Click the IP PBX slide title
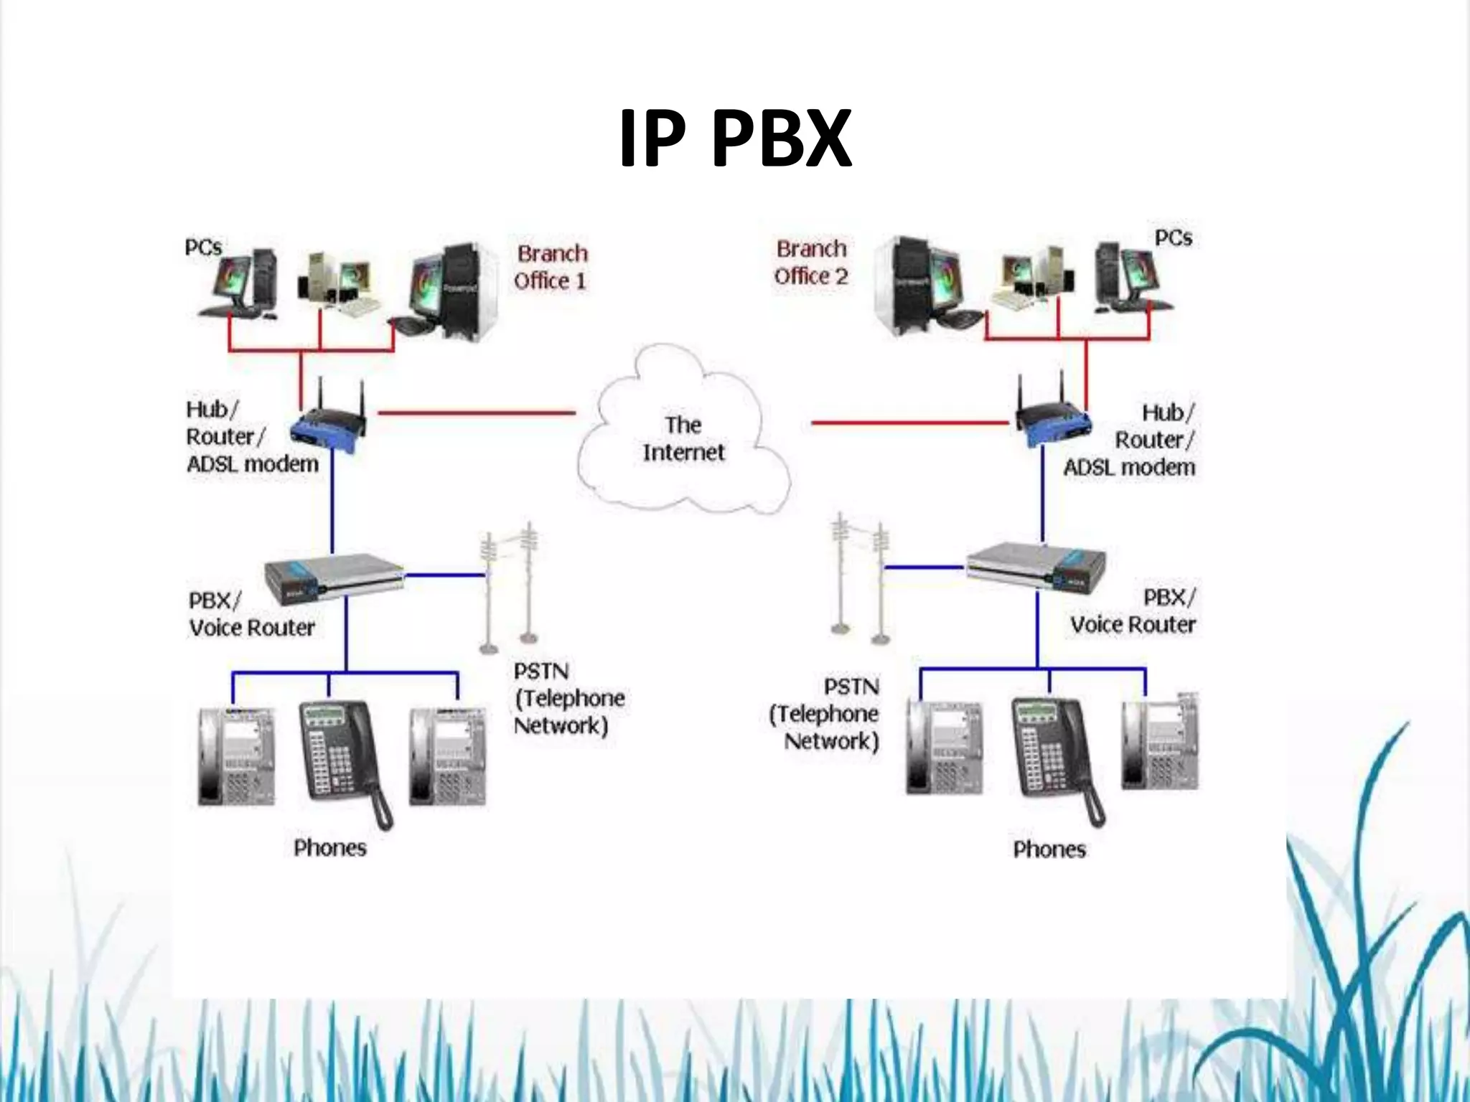[x=735, y=138]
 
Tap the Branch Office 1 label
[x=551, y=267]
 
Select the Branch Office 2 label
[x=811, y=263]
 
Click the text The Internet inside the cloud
[x=683, y=438]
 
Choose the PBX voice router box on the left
[x=334, y=577]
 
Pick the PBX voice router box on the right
[x=1036, y=567]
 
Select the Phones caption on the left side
[x=330, y=848]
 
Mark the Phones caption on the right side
[x=1049, y=849]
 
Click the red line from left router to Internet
[x=477, y=413]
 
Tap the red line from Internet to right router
[x=910, y=423]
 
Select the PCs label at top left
[x=203, y=248]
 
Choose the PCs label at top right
[x=1173, y=238]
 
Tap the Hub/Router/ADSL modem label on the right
[x=1134, y=440]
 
